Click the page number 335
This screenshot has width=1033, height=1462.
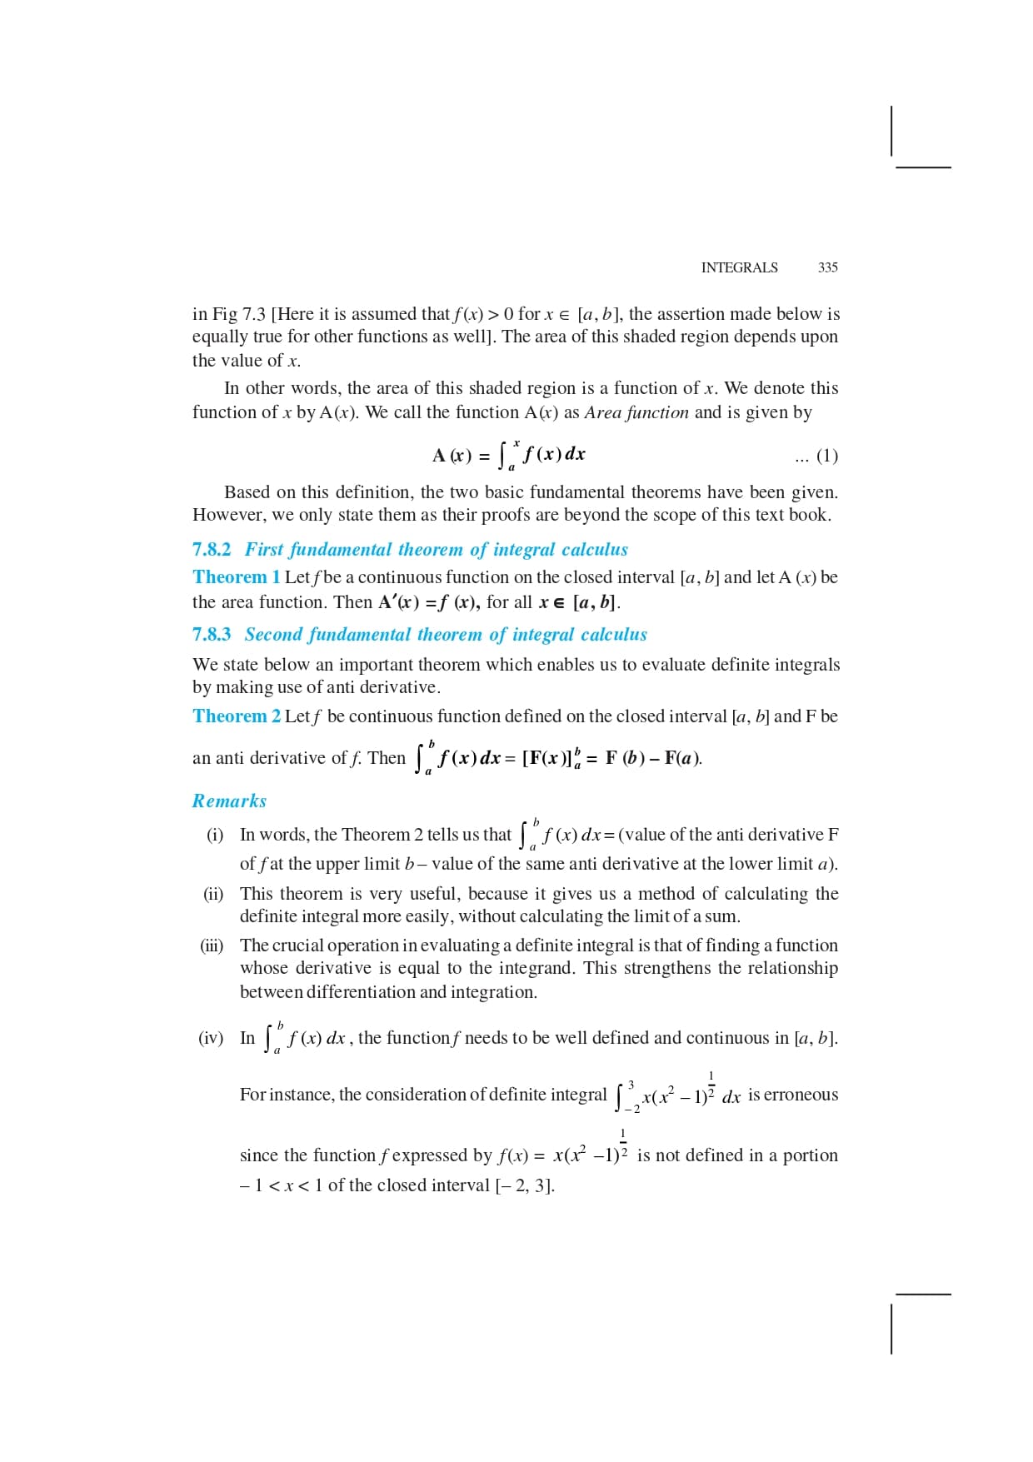click(827, 267)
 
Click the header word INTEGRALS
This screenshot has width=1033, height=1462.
click(739, 267)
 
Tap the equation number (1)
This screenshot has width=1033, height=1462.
click(826, 456)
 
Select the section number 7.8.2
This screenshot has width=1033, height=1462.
click(212, 550)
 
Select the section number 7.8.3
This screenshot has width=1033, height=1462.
click(212, 635)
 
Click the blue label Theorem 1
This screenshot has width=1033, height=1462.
click(236, 577)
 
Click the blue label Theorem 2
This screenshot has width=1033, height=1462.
click(236, 716)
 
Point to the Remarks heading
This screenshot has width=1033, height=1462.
click(229, 801)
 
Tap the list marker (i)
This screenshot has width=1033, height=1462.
click(215, 835)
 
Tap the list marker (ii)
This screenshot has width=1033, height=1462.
click(213, 894)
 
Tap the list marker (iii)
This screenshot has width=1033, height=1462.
click(212, 946)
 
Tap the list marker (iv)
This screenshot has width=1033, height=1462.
click(211, 1038)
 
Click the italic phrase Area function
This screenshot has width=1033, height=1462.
click(636, 412)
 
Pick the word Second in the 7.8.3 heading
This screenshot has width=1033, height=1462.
click(273, 635)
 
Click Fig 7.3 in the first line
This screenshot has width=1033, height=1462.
click(238, 314)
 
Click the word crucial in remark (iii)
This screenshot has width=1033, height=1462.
click(298, 946)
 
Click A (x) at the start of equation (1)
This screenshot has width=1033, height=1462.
click(452, 456)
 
